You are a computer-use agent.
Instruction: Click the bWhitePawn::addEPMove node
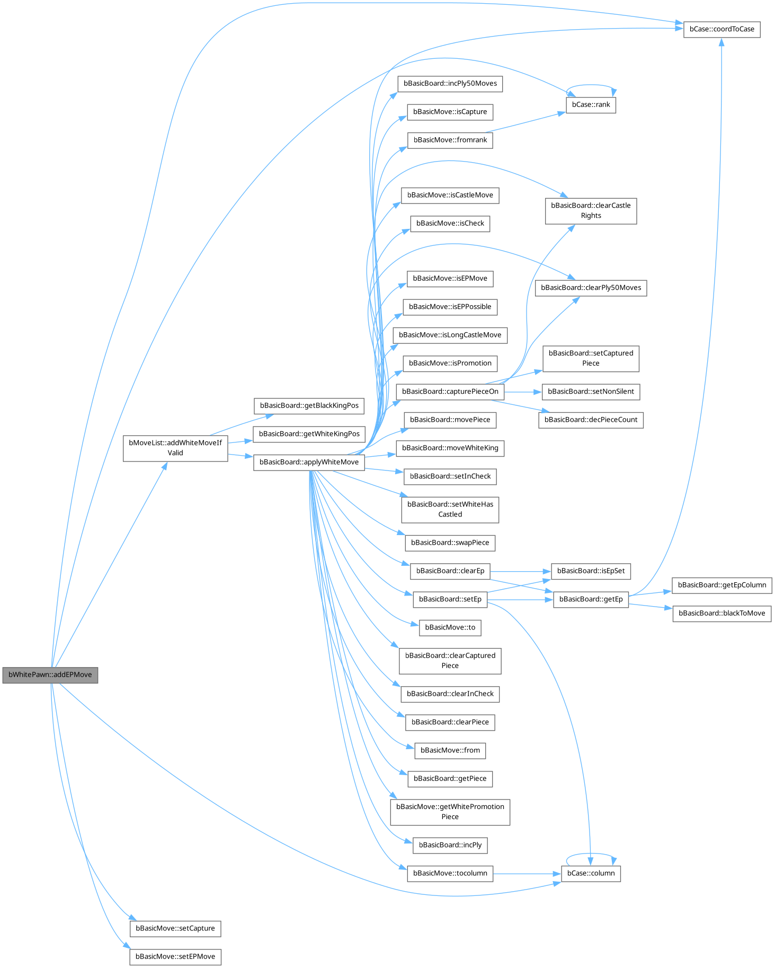click(50, 675)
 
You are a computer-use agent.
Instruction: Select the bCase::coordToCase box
click(721, 29)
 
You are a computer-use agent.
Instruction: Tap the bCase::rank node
click(591, 105)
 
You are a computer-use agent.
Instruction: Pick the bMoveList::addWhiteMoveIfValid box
click(175, 448)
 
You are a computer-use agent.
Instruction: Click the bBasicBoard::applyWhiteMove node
click(309, 462)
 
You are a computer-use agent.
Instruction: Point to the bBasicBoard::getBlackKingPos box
click(309, 406)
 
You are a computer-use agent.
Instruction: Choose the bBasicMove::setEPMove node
click(175, 956)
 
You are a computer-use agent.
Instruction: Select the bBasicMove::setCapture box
click(175, 928)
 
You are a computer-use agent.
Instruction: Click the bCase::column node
click(591, 873)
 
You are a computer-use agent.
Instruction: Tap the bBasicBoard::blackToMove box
click(721, 614)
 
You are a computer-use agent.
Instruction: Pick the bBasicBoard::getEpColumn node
click(721, 585)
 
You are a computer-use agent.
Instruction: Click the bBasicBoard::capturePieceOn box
click(450, 392)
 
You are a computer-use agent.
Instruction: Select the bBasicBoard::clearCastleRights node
click(591, 211)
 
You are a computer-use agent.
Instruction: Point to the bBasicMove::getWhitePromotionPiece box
click(450, 812)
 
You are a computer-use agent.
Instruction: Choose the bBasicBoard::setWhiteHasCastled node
click(450, 509)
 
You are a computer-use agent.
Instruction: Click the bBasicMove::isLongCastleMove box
click(450, 335)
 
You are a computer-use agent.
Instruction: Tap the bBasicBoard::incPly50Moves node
click(450, 84)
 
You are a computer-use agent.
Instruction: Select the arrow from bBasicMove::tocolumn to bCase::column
click(527, 873)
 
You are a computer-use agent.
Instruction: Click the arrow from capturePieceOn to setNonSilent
click(523, 392)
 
